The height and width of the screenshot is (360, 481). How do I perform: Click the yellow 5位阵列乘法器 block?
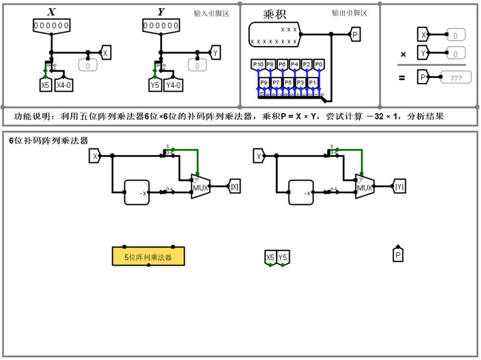click(x=148, y=257)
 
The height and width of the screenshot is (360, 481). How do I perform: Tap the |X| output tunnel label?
click(x=235, y=187)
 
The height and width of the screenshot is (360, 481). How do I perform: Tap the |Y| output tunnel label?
click(x=399, y=187)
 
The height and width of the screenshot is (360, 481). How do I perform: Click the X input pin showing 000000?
click(x=51, y=26)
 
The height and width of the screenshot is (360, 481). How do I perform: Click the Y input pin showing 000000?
click(x=161, y=26)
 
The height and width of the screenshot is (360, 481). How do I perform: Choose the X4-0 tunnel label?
click(x=64, y=85)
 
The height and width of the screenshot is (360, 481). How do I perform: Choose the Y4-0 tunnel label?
click(x=173, y=85)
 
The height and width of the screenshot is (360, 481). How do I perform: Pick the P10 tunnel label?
click(x=258, y=64)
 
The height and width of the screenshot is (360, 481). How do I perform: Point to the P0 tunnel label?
click(x=319, y=64)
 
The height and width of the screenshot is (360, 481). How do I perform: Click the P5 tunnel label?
click(x=288, y=83)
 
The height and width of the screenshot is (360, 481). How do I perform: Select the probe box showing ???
click(x=456, y=78)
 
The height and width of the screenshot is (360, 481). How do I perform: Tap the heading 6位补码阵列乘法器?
click(x=48, y=141)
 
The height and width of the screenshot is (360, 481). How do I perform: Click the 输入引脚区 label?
click(x=211, y=13)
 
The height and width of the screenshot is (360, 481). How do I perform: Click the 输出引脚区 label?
click(x=349, y=13)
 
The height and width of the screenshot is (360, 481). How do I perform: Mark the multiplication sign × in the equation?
click(x=403, y=54)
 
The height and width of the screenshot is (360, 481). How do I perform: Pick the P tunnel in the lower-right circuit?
click(x=398, y=255)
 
